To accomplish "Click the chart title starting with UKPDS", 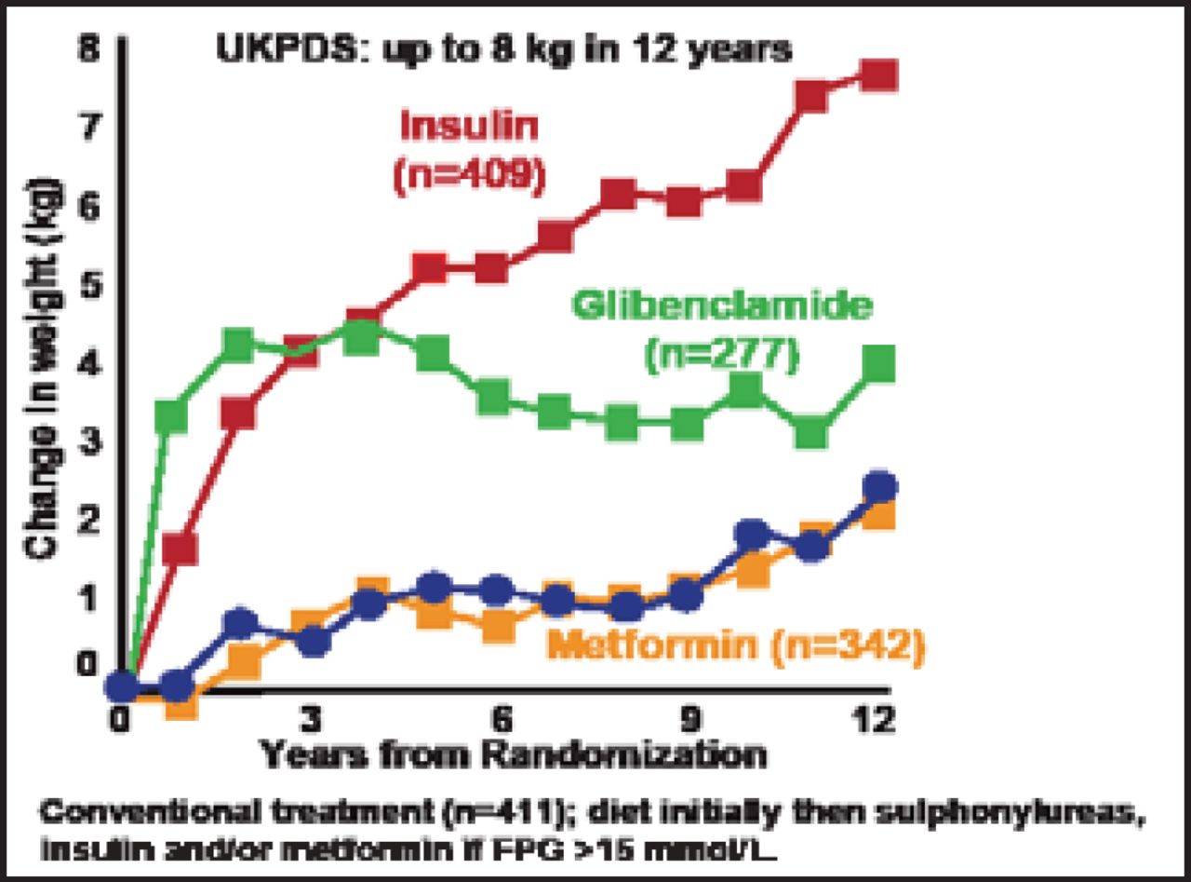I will coord(503,48).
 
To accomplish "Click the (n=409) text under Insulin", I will coord(468,176).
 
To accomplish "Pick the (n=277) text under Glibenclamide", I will coord(722,356).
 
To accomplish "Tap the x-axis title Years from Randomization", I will coord(513,755).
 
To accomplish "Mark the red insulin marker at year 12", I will coord(877,75).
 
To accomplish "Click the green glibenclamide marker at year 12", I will coord(877,364).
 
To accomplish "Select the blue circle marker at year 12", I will coord(878,486).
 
